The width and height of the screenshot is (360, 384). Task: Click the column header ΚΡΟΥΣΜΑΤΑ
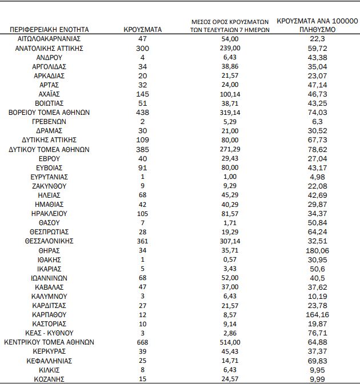click(143, 29)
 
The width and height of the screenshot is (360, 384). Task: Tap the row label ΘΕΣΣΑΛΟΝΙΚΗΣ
click(49, 241)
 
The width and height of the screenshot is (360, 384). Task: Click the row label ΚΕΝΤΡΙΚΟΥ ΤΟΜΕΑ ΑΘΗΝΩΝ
click(49, 342)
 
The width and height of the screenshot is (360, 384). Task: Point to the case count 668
click(143, 342)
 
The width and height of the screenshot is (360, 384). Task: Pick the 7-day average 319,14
click(231, 113)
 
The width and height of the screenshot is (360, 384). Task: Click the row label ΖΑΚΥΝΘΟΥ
click(49, 186)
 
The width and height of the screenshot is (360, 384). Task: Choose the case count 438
click(143, 113)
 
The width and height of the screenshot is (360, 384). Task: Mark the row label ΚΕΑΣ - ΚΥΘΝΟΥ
click(49, 333)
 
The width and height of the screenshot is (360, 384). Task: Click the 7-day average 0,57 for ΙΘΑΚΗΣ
click(231, 259)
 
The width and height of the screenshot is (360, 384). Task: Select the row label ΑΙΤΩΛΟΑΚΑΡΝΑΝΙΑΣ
click(49, 39)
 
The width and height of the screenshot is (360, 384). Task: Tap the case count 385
click(143, 149)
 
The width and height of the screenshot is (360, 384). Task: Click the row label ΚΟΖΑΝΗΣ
click(49, 379)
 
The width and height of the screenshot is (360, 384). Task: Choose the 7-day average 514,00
click(231, 342)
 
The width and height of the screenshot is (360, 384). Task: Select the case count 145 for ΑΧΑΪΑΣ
click(143, 94)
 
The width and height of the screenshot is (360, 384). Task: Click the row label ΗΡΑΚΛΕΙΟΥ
click(49, 213)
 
